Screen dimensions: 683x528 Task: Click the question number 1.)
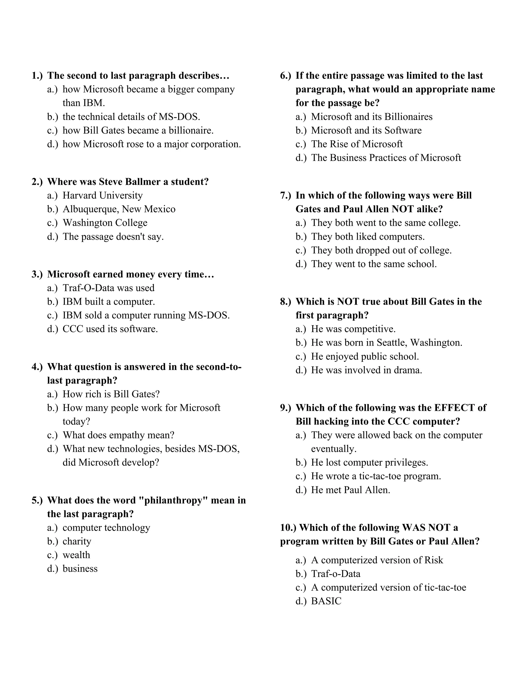pyautogui.click(x=37, y=76)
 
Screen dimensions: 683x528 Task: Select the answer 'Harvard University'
pyautogui.click(x=102, y=195)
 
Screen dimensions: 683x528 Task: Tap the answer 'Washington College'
pyautogui.click(x=105, y=223)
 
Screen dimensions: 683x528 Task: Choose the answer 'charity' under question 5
pyautogui.click(x=77, y=541)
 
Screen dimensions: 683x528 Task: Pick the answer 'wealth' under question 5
pyautogui.click(x=76, y=555)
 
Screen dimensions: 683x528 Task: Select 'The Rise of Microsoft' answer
pyautogui.click(x=357, y=144)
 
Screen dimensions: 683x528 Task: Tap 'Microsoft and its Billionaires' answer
pyautogui.click(x=372, y=117)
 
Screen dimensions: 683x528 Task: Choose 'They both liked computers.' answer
pyautogui.click(x=368, y=237)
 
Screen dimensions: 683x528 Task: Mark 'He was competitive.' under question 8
pyautogui.click(x=353, y=329)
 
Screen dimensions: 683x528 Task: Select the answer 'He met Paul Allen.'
pyautogui.click(x=350, y=490)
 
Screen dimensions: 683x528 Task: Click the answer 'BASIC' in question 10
pyautogui.click(x=326, y=601)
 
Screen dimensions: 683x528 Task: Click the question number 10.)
pyautogui.click(x=288, y=528)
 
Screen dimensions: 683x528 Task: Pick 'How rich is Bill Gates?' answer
pyautogui.click(x=111, y=394)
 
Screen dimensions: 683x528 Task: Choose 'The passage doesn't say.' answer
pyautogui.click(x=113, y=237)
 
